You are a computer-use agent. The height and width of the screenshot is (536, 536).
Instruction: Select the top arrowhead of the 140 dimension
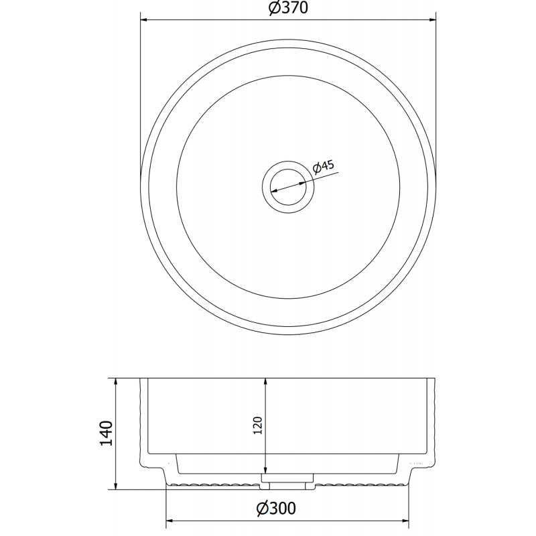point(117,383)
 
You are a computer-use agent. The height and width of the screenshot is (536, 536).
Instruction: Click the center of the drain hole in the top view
point(287,186)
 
